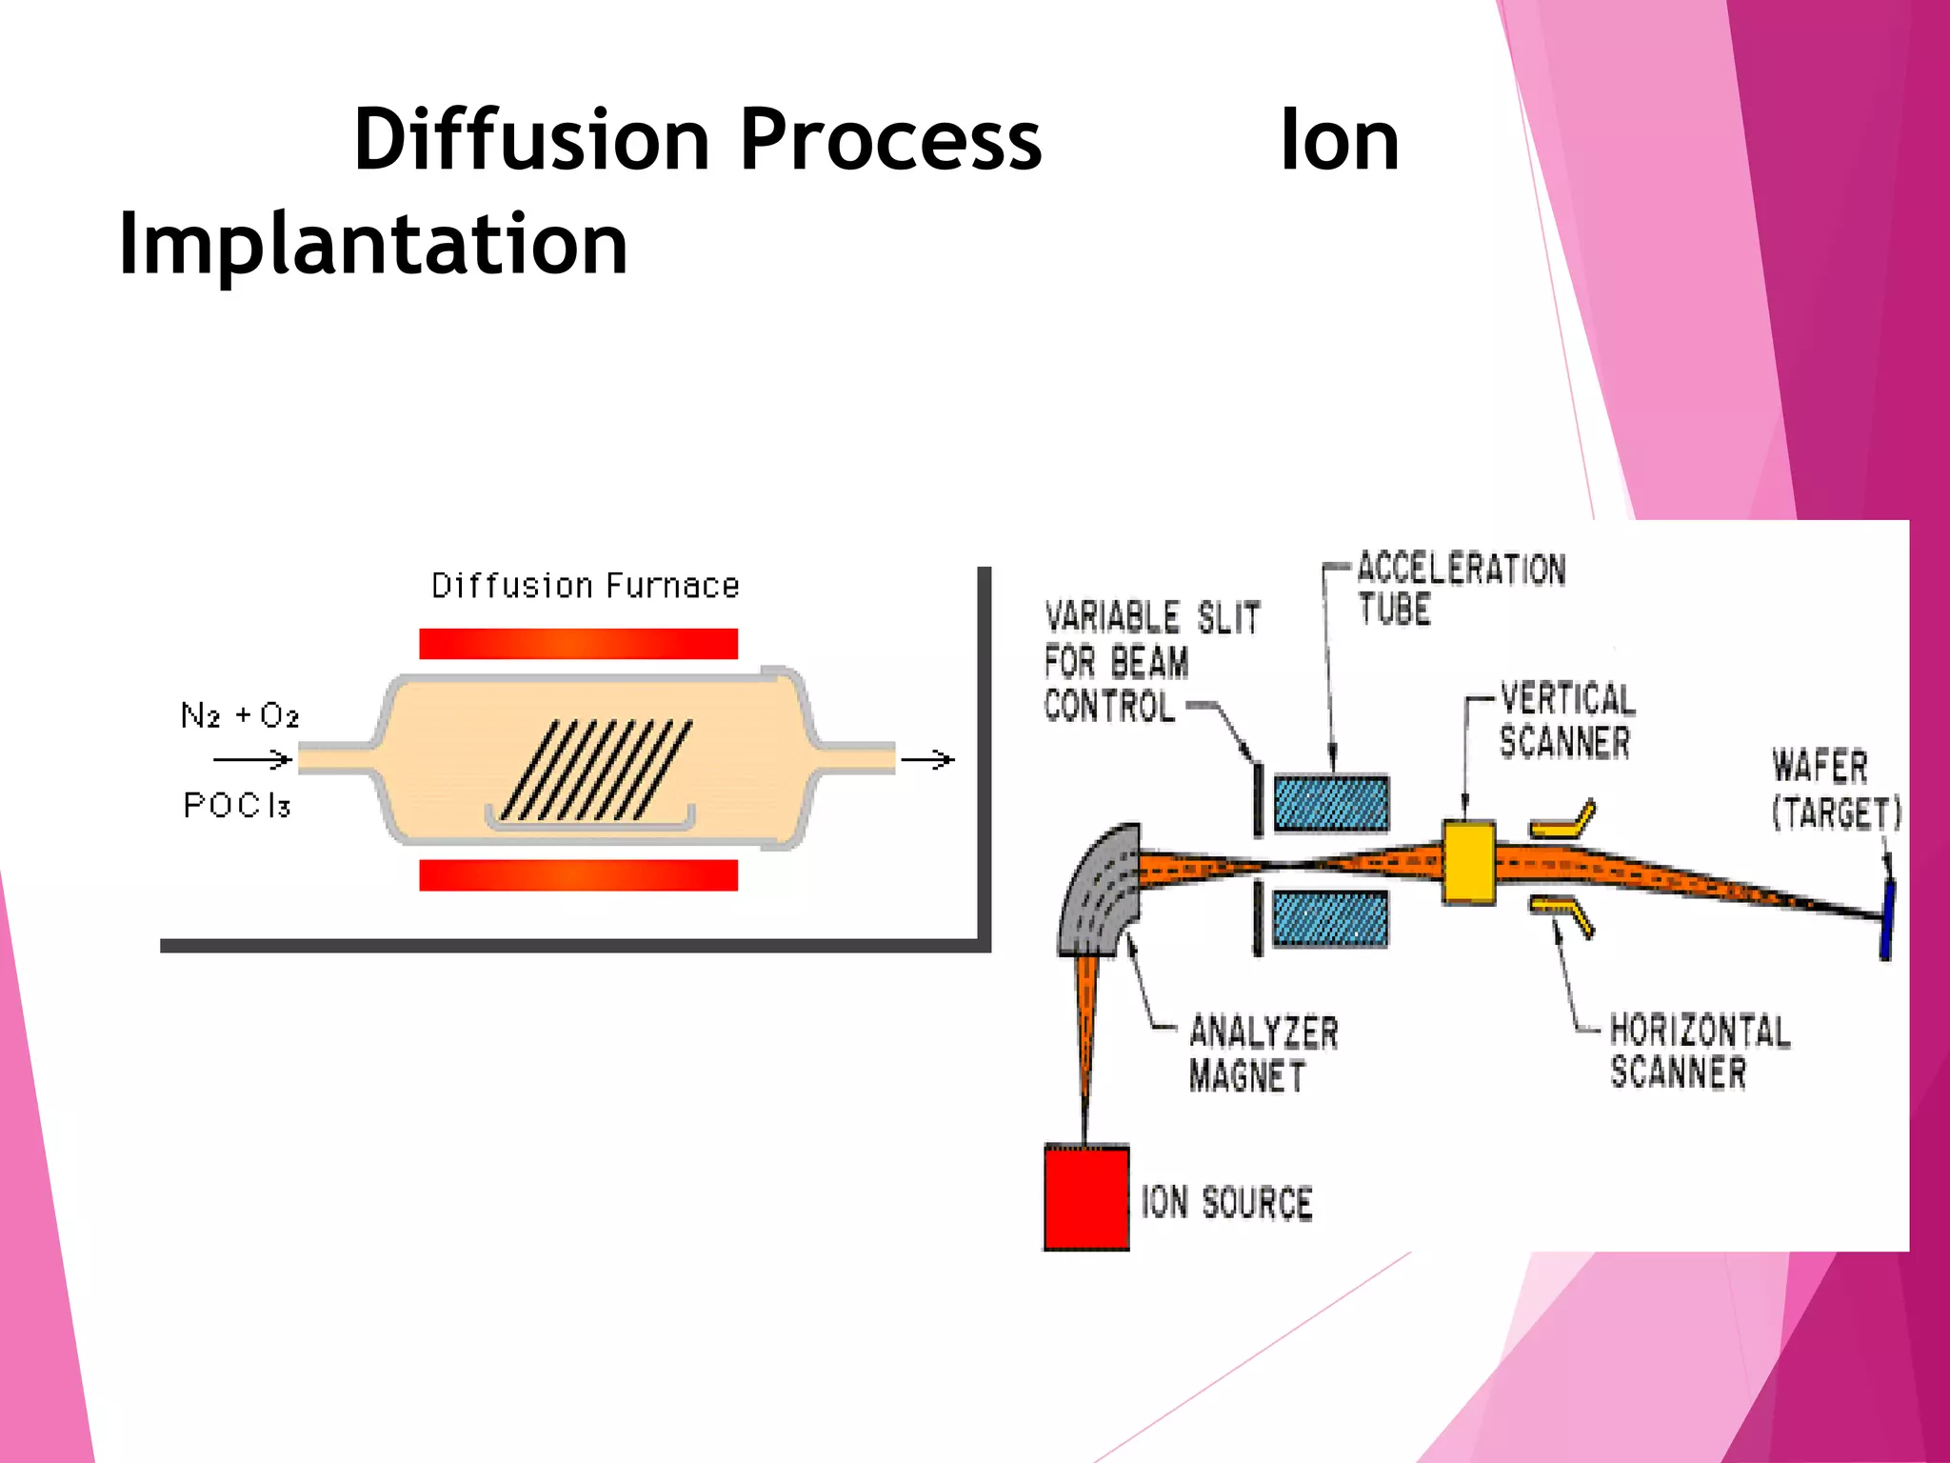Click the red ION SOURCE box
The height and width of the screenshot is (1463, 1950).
pos(1086,1197)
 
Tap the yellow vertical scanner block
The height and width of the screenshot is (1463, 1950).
pos(1468,861)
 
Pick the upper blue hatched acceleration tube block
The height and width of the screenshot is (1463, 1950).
pos(1330,803)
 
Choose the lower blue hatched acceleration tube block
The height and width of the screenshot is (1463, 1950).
pos(1330,918)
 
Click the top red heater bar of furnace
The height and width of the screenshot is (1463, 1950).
pos(578,644)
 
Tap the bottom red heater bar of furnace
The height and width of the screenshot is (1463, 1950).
pos(578,874)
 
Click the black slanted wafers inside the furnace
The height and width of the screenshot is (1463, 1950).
pos(596,770)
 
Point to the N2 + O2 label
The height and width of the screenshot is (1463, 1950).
pos(240,715)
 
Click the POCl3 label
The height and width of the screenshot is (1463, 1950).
pos(236,806)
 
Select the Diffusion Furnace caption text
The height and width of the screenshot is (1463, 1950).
pos(585,586)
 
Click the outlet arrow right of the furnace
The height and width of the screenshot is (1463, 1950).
pos(927,759)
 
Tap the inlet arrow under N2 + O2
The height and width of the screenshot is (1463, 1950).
pos(252,759)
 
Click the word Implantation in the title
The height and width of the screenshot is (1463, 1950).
pos(372,245)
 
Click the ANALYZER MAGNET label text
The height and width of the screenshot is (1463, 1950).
pos(1263,1053)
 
